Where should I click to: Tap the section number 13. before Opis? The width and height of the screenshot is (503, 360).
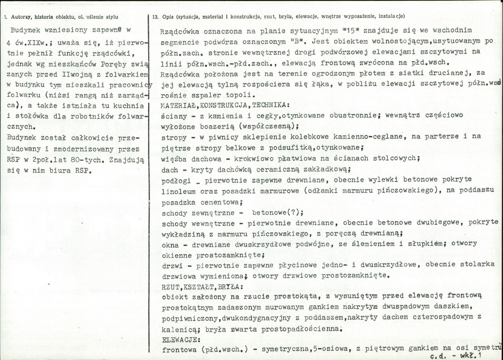pos(155,17)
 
